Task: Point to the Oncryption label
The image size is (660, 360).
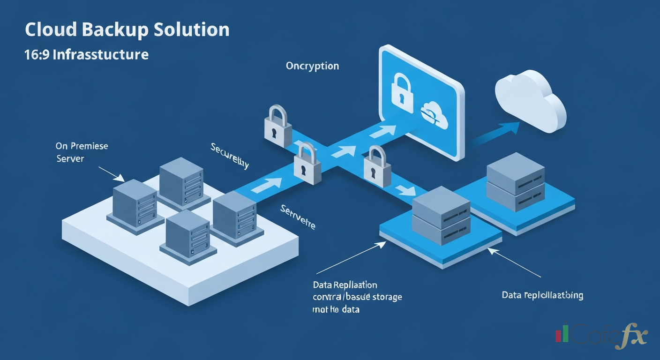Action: [x=312, y=66]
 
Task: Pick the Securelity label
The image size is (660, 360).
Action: [x=230, y=156]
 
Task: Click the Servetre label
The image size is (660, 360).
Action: [x=298, y=217]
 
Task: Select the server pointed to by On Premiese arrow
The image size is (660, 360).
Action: [x=135, y=202]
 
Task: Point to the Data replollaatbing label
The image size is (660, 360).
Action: [x=542, y=295]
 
